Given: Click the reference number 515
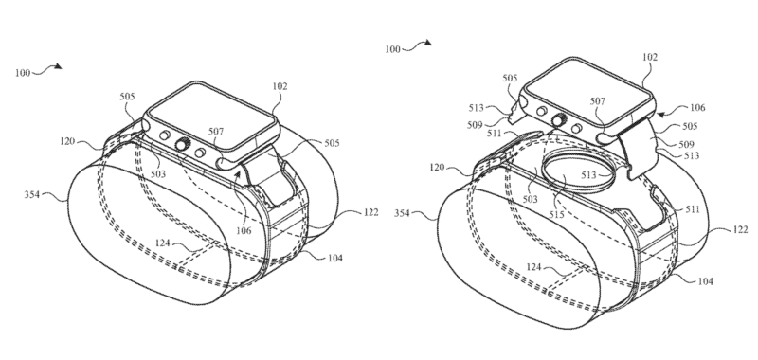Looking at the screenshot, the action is [556, 214].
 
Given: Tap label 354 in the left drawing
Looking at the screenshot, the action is [32, 195].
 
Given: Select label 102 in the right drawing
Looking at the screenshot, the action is [650, 57].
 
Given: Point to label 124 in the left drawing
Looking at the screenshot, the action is [162, 243].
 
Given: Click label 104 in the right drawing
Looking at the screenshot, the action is [705, 281].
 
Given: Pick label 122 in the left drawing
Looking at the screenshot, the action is [370, 212].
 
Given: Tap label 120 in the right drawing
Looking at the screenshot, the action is [437, 168].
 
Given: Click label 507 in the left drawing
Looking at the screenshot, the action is [216, 131].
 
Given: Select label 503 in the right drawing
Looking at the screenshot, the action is [530, 199].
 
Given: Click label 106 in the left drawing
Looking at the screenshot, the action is [244, 231].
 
